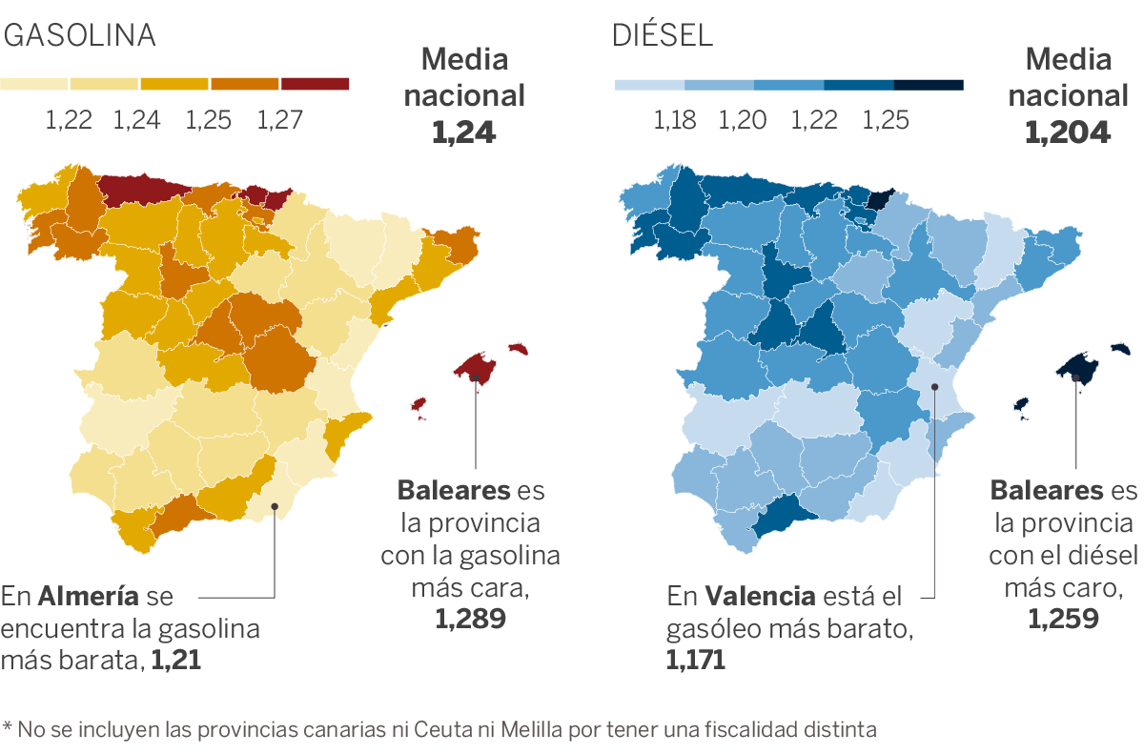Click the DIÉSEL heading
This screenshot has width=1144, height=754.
(x=663, y=35)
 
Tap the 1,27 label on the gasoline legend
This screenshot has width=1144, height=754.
(x=279, y=120)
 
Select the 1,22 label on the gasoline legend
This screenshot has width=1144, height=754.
(x=69, y=120)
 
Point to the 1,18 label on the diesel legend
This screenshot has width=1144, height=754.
(x=674, y=120)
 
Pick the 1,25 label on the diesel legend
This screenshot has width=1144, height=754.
(x=886, y=120)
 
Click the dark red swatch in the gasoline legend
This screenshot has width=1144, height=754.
(x=315, y=84)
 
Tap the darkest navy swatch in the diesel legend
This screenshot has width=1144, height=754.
(x=929, y=85)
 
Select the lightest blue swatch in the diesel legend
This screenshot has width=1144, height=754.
(x=649, y=85)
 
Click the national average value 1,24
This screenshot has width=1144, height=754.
(x=464, y=132)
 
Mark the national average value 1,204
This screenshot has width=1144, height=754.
(x=1068, y=132)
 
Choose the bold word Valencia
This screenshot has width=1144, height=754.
(x=761, y=598)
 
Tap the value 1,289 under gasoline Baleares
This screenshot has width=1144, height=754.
(x=470, y=619)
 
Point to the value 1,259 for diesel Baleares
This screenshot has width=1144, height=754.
(x=1063, y=619)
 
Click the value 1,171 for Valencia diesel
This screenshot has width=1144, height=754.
(x=696, y=659)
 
